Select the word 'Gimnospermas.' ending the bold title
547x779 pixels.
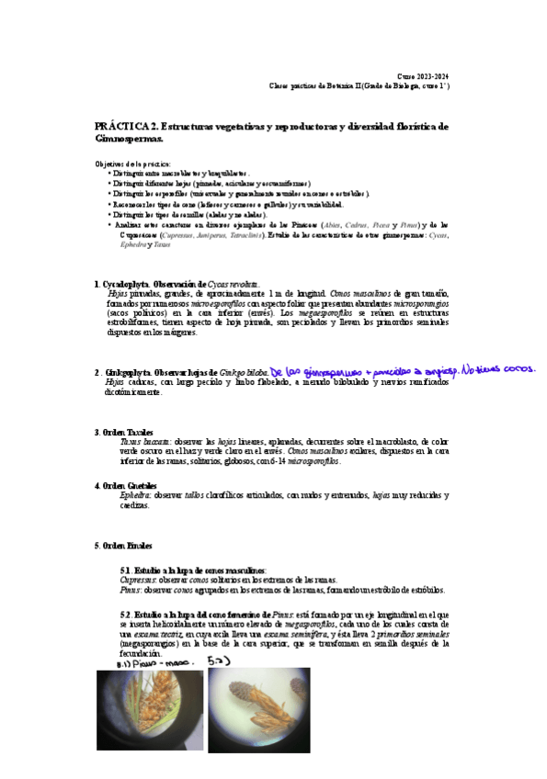pos(129,139)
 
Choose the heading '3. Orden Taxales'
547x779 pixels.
pos(125,432)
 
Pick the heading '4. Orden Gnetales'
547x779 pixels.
pos(127,485)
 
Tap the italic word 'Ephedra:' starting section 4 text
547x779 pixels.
pos(135,495)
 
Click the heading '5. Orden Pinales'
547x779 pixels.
pos(123,546)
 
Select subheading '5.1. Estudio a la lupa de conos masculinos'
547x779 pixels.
pos(193,570)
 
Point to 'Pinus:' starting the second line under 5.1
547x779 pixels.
pos(131,590)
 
